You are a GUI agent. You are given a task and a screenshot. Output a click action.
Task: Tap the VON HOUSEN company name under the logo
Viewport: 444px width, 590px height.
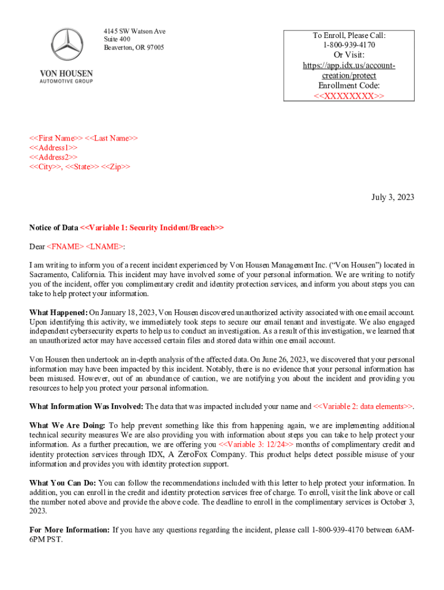coord(66,74)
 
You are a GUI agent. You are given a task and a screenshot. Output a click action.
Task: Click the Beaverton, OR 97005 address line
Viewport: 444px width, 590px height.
coord(134,47)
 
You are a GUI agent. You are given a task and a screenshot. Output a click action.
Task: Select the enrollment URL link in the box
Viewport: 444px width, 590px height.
coord(348,71)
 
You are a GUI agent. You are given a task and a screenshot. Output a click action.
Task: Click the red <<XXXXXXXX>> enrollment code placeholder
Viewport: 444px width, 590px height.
coord(348,96)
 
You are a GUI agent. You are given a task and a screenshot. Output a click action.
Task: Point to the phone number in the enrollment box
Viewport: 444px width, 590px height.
coord(348,46)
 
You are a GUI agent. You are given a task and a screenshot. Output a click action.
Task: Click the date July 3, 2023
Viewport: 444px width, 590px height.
coord(392,198)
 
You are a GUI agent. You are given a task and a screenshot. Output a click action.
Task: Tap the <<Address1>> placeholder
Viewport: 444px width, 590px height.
coord(54,147)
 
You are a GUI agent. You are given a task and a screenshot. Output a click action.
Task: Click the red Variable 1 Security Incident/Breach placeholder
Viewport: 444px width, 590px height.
coord(152,228)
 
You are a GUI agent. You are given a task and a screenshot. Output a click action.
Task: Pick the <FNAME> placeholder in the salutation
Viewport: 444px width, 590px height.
coord(65,247)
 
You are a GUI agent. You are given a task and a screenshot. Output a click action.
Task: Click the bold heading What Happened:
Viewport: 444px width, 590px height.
coord(58,313)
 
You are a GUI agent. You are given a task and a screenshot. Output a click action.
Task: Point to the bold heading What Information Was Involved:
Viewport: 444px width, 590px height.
coord(86,406)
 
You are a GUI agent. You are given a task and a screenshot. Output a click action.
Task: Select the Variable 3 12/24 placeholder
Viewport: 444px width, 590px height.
coord(256,445)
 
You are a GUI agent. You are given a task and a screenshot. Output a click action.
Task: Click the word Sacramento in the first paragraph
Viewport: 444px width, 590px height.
coord(49,275)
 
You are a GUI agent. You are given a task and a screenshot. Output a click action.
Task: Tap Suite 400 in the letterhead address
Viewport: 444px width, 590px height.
coord(117,39)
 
